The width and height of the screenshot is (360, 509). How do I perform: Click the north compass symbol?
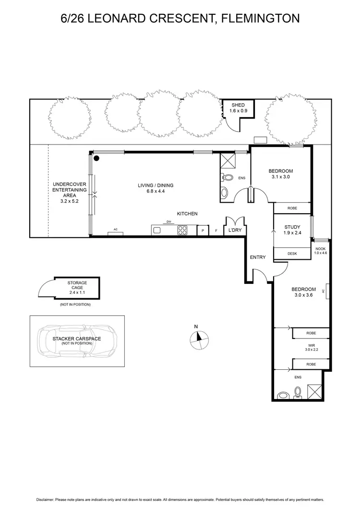pyautogui.click(x=198, y=339)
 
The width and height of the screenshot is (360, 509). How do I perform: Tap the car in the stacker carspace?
pyautogui.click(x=77, y=341)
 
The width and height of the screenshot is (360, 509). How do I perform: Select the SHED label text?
pyautogui.click(x=238, y=105)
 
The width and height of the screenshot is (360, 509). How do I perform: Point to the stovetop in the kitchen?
pyautogui.click(x=182, y=230)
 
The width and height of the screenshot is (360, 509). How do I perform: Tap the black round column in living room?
pyautogui.click(x=96, y=158)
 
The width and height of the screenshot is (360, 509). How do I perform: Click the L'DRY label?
pyautogui.click(x=235, y=230)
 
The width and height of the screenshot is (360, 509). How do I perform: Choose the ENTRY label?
pyautogui.click(x=258, y=257)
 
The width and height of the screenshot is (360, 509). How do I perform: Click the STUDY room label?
pyautogui.click(x=292, y=227)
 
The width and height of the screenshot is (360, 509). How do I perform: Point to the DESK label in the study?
pyautogui.click(x=292, y=254)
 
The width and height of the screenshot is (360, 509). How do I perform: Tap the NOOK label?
pyautogui.click(x=320, y=248)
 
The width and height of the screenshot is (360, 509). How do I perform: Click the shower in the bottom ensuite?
pyautogui.click(x=314, y=391)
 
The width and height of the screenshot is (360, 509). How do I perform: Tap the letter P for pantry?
pyautogui.click(x=203, y=231)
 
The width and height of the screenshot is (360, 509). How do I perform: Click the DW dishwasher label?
pyautogui.click(x=168, y=221)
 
